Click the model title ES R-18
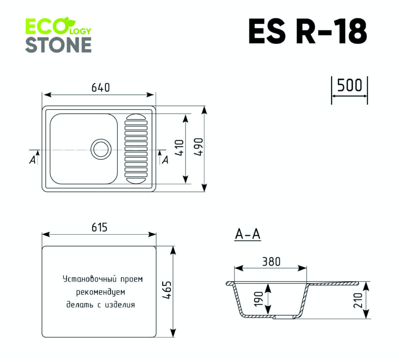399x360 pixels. tap(308, 32)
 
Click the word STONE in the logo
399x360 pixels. tap(58, 44)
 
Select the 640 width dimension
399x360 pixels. tap(100, 87)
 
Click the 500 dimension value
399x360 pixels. tap(349, 85)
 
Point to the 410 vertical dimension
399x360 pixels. tap(180, 148)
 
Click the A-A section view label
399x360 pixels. tap(248, 234)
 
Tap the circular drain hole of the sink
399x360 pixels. tap(101, 149)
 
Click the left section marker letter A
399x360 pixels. tap(32, 160)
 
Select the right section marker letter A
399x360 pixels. tap(165, 160)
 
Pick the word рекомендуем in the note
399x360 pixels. tap(100, 292)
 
